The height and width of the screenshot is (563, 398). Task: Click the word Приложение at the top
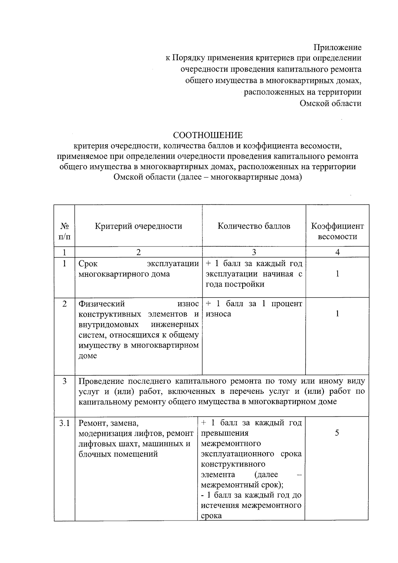pyautogui.click(x=338, y=47)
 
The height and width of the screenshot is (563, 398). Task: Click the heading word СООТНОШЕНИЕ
pyautogui.click(x=208, y=135)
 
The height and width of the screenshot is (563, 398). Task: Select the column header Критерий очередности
pyautogui.click(x=138, y=226)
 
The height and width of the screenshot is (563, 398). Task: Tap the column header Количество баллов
pyautogui.click(x=254, y=226)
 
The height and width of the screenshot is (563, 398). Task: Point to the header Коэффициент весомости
pyautogui.click(x=337, y=231)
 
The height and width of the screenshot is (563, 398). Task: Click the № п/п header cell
pyautogui.click(x=65, y=231)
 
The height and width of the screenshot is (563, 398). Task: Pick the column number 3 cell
pyautogui.click(x=254, y=252)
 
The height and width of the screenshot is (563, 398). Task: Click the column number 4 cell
pyautogui.click(x=337, y=252)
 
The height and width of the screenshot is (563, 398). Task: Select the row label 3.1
pyautogui.click(x=65, y=423)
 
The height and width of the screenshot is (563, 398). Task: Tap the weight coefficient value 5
pyautogui.click(x=337, y=433)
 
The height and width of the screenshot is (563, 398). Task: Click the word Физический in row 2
pyautogui.click(x=101, y=304)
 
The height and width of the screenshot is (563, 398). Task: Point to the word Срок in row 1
pyautogui.click(x=88, y=264)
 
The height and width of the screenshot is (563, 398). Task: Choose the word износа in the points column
pyautogui.click(x=218, y=314)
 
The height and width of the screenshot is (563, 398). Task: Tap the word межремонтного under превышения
pyautogui.click(x=231, y=444)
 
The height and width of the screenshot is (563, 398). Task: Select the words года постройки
pyautogui.click(x=235, y=284)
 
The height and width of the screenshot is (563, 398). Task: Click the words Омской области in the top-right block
pyautogui.click(x=330, y=103)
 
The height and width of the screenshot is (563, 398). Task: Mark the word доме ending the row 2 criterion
pyautogui.click(x=88, y=356)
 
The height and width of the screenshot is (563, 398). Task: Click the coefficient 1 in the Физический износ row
pyautogui.click(x=337, y=314)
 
